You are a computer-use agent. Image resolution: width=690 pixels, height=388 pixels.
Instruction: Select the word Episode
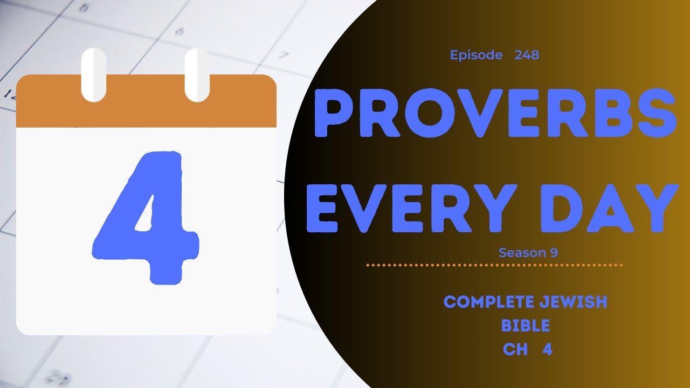[x=476, y=55]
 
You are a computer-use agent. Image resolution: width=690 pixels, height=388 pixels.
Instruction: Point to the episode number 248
[x=527, y=55]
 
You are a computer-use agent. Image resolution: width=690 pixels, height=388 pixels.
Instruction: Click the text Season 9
[x=528, y=253]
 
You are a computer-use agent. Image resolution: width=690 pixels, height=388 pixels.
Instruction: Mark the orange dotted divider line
[x=494, y=265]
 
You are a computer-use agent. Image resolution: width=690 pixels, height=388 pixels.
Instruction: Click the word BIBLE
[x=525, y=325]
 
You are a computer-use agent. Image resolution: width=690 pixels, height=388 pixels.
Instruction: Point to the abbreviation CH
[x=515, y=349]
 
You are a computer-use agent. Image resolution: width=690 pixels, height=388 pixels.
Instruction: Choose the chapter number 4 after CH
[x=547, y=349]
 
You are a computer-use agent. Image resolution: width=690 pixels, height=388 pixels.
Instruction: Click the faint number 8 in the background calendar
[x=84, y=8]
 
